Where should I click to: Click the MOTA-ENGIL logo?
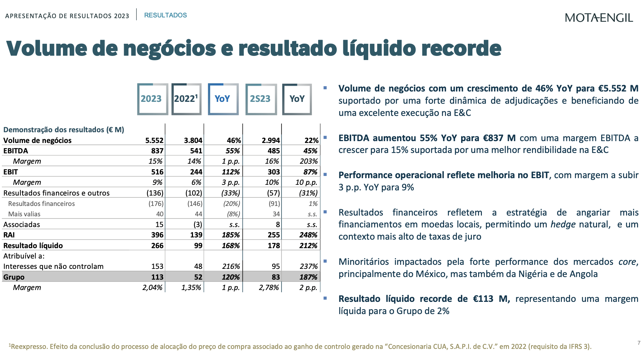(x=599, y=17)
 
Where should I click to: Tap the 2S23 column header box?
(x=261, y=99)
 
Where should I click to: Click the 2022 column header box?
(x=186, y=99)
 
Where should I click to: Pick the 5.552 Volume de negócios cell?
(x=154, y=140)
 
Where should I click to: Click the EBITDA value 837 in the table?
(x=157, y=151)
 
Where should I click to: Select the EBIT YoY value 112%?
(x=231, y=172)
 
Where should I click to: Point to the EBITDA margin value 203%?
(x=309, y=161)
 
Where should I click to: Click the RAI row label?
(x=9, y=235)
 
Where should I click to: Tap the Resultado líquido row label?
(x=33, y=246)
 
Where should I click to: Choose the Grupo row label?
(x=14, y=277)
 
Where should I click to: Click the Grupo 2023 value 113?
(x=157, y=277)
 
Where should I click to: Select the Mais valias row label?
(x=24, y=214)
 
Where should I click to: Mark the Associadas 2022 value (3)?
(x=197, y=224)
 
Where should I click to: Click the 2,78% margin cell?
(x=269, y=287)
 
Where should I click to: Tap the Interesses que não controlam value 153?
(x=157, y=266)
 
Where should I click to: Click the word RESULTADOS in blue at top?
(x=165, y=15)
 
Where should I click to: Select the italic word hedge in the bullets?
(x=563, y=224)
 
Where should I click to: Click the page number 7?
(x=639, y=343)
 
